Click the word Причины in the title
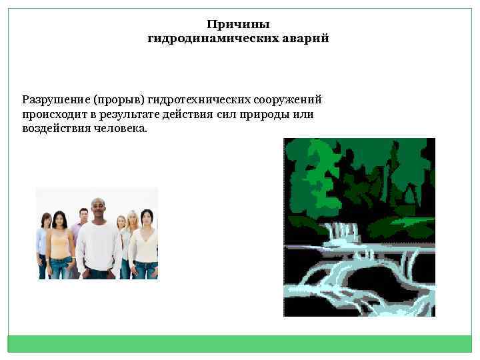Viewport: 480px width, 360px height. coord(238,25)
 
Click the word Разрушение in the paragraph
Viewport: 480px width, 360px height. coord(56,100)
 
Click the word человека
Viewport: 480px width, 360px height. coord(123,129)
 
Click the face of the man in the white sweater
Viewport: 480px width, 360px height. coord(98,211)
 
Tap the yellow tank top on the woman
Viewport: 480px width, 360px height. coord(61,247)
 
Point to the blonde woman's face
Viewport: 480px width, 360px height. coord(132,219)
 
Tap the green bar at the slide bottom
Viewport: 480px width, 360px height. coord(239,343)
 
